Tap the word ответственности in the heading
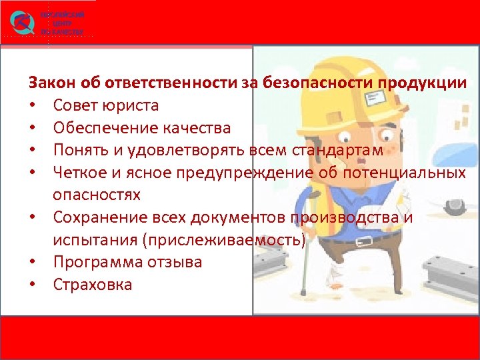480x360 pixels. tap(170, 83)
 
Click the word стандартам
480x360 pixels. tap(338, 151)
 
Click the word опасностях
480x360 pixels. tap(97, 195)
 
